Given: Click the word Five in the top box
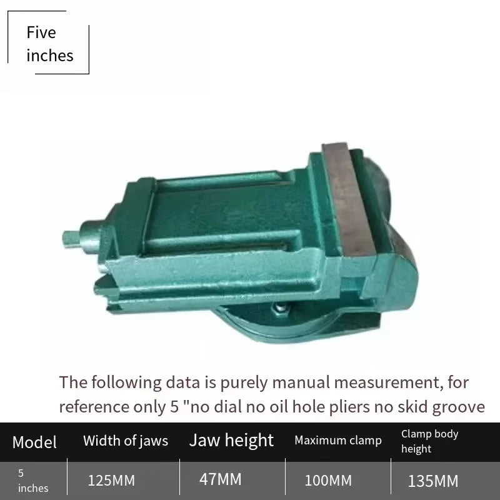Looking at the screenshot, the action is pyautogui.click(x=41, y=32).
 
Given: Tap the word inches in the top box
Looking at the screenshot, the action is pyautogui.click(x=50, y=56).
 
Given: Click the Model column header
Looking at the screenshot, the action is pyautogui.click(x=34, y=442).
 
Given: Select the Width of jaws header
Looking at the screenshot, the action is pyautogui.click(x=126, y=441).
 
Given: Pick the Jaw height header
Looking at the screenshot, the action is pyautogui.click(x=231, y=441).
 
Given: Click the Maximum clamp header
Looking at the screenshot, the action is pyautogui.click(x=338, y=441).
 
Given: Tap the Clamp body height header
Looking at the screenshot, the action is pyautogui.click(x=429, y=441).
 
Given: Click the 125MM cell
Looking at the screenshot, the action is pyautogui.click(x=111, y=481).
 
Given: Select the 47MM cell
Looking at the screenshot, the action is pyautogui.click(x=221, y=479).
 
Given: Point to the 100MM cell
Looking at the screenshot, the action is pyautogui.click(x=328, y=481).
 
